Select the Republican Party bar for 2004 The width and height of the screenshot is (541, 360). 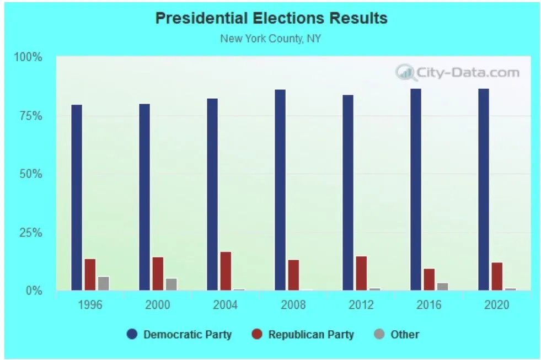(x=226, y=271)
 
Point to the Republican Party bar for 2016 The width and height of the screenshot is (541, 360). (x=429, y=279)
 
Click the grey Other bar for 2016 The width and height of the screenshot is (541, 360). (x=442, y=286)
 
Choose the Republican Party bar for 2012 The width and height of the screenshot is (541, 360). (x=361, y=273)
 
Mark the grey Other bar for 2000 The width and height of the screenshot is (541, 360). (x=172, y=284)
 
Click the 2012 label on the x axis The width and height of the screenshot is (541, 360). (x=361, y=305)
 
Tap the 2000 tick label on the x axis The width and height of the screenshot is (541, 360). (x=158, y=305)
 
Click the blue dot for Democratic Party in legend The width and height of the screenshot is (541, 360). (x=132, y=334)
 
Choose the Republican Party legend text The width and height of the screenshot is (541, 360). (x=311, y=335)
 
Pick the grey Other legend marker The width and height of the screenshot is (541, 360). (x=379, y=334)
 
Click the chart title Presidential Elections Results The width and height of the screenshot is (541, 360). (x=271, y=18)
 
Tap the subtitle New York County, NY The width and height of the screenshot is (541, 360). (x=271, y=39)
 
